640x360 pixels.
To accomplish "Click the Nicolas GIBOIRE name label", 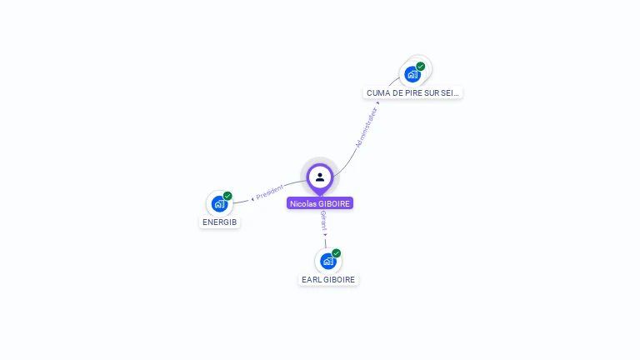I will click(x=320, y=203).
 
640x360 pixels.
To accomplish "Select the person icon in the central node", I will click(x=320, y=177).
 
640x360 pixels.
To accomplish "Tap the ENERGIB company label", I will click(x=220, y=222).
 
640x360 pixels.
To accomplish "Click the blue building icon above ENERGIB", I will click(x=219, y=204).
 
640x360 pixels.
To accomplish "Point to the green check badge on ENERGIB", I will click(x=227, y=196).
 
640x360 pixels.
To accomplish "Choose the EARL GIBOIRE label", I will click(x=328, y=280).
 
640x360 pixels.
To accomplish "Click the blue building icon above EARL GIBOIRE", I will click(x=328, y=261).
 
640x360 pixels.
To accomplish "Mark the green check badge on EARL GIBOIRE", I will click(x=337, y=252).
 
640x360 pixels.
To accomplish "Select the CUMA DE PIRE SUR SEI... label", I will click(x=412, y=93).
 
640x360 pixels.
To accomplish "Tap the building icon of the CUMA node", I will click(x=412, y=74).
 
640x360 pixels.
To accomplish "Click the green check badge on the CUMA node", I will click(x=421, y=66).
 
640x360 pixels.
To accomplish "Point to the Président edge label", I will click(x=270, y=192).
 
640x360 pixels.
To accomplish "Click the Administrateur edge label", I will click(x=367, y=127).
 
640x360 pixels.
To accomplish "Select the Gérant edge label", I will click(x=323, y=221).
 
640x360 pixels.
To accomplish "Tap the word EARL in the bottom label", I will click(x=311, y=280).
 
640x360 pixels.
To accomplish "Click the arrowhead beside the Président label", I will click(x=252, y=198).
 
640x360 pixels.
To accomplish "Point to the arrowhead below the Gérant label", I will click(x=325, y=235).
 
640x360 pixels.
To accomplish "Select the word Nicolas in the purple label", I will click(x=302, y=203).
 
